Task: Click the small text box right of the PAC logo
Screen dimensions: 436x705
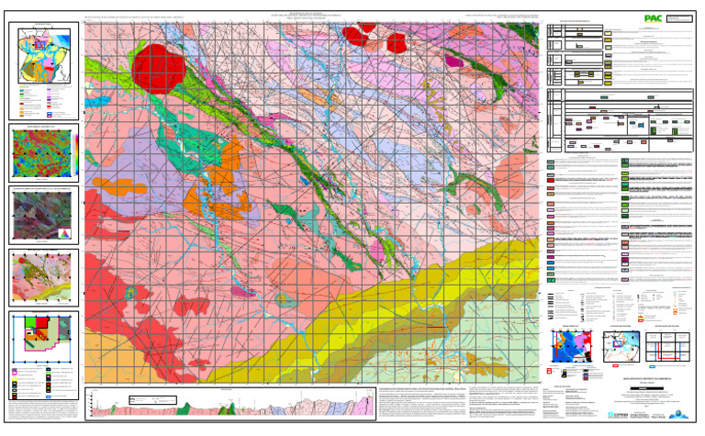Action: (x=680, y=17)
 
